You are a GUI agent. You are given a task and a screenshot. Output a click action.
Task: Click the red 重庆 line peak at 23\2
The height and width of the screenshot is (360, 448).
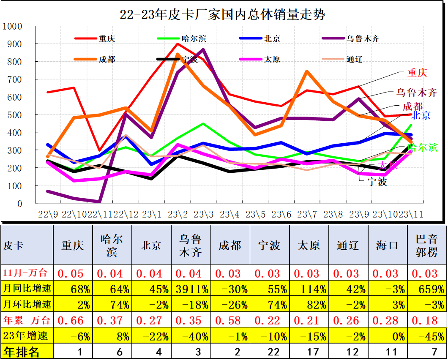178,44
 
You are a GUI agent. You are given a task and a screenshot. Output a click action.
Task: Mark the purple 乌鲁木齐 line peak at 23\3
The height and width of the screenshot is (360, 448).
203,50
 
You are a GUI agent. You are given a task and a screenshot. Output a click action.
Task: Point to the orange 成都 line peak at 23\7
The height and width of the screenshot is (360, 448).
307,71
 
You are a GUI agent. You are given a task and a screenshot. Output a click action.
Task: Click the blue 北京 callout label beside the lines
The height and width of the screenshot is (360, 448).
421,115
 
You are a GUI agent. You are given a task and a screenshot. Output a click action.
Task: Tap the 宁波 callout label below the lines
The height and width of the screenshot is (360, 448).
377,182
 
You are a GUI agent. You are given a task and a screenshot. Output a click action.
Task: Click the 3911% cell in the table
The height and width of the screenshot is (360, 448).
191,289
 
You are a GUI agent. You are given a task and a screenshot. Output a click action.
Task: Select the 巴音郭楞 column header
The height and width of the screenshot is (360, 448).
427,245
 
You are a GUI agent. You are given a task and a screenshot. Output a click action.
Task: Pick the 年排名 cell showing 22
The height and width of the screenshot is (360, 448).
270,352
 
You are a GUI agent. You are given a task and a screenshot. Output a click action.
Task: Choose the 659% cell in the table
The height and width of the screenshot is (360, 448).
427,289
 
